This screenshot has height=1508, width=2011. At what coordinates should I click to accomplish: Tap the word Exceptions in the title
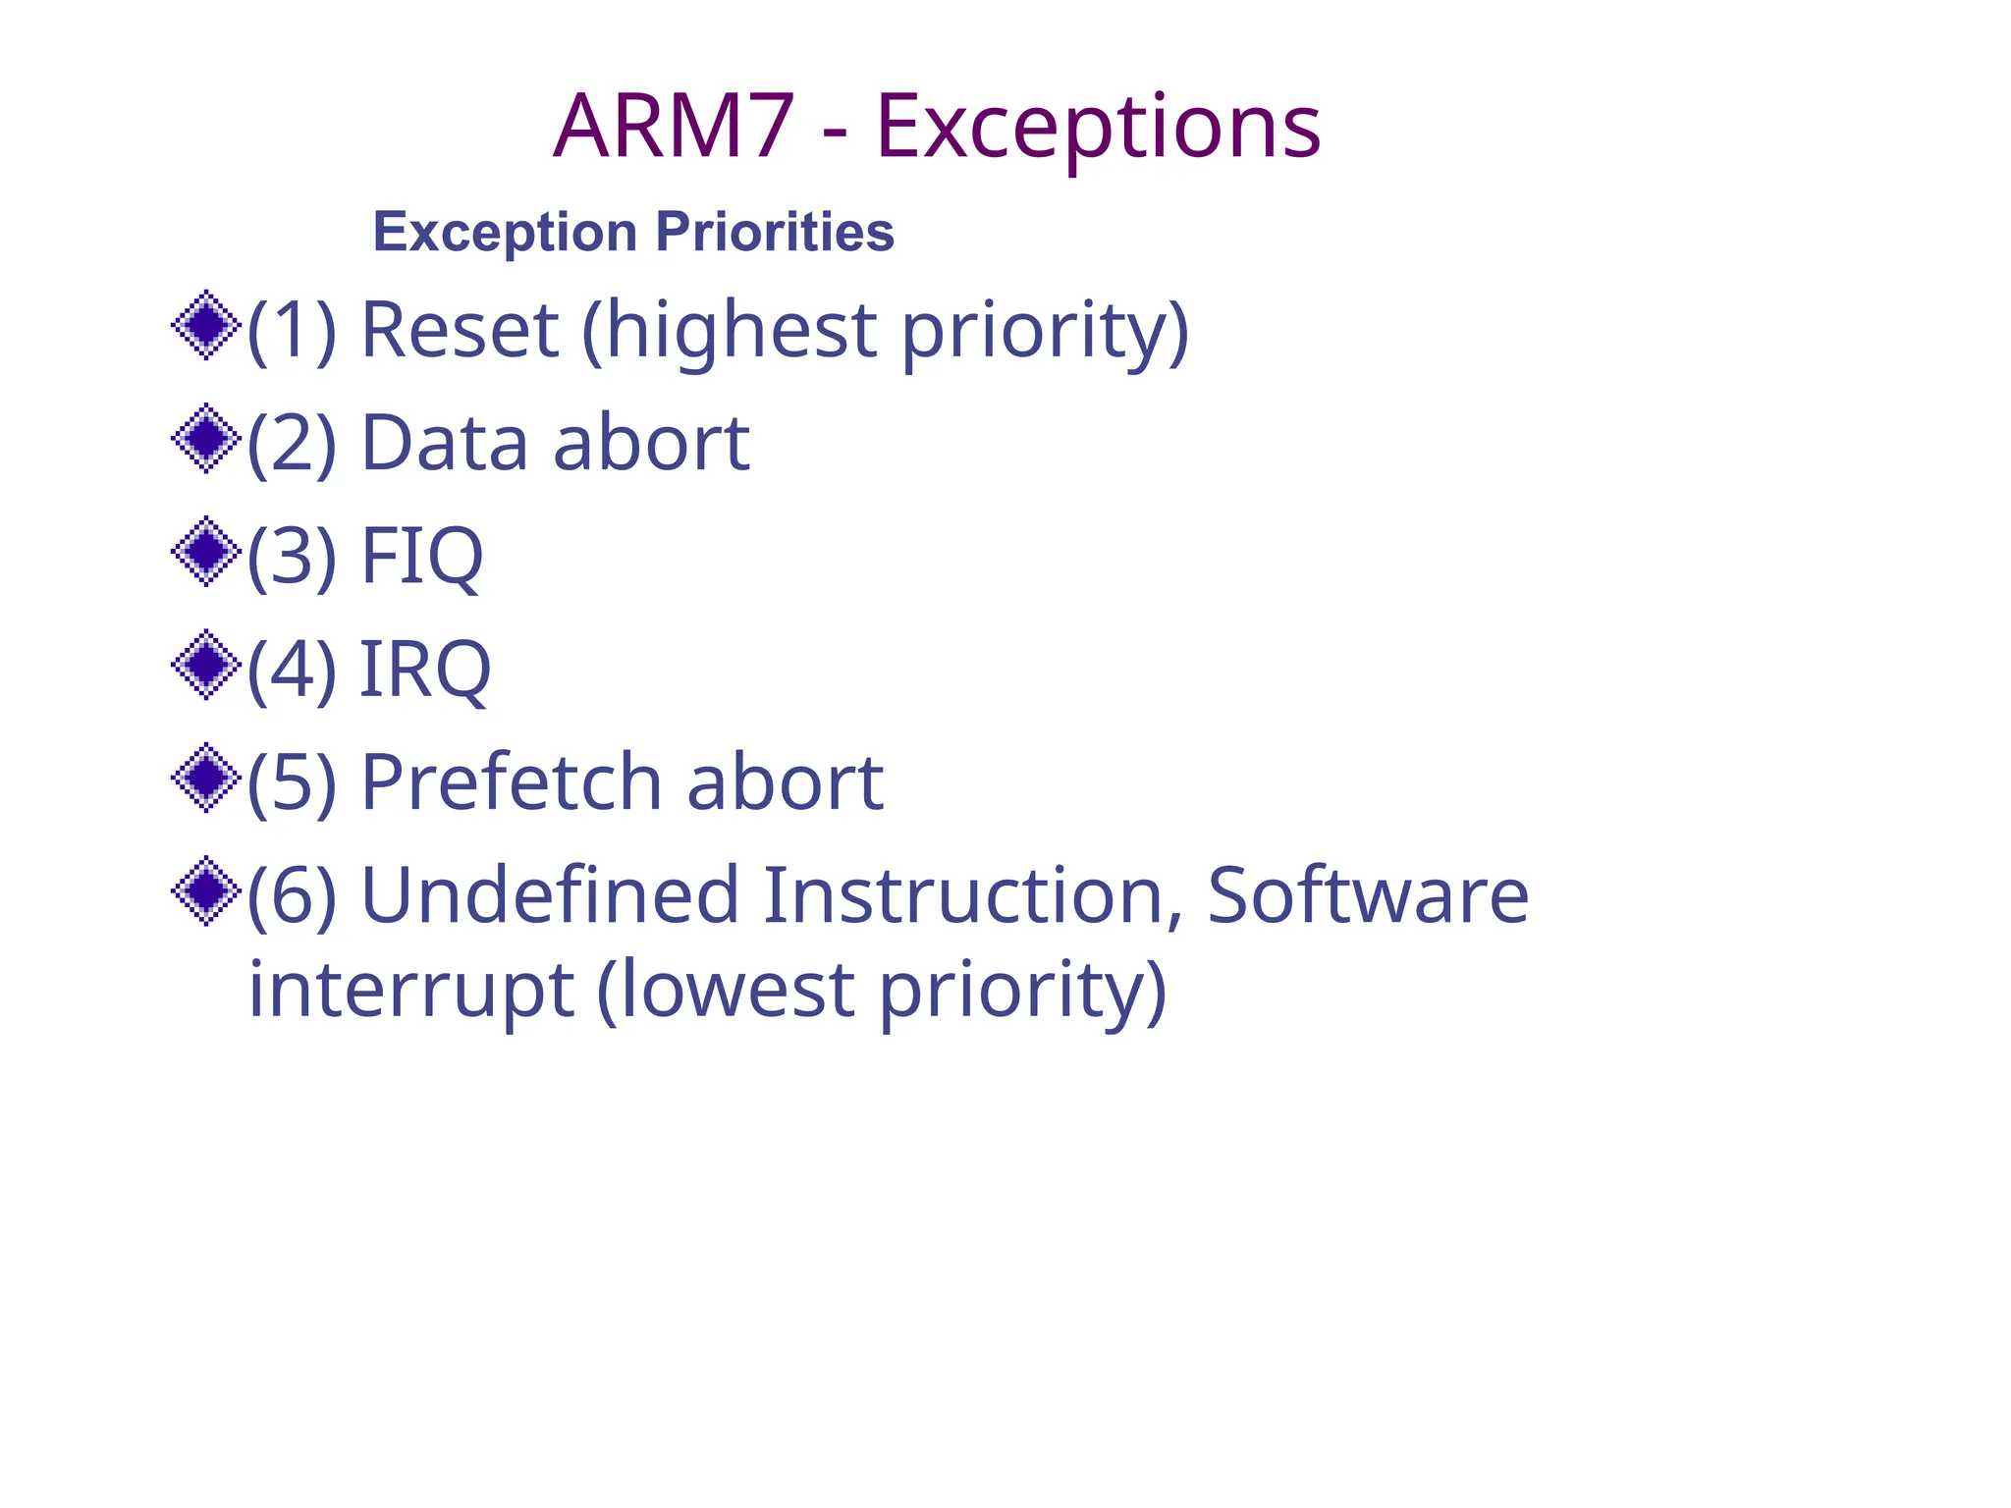(1098, 128)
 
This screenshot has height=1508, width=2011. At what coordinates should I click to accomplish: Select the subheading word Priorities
(775, 232)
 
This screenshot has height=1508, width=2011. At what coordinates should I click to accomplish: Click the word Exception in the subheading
(505, 233)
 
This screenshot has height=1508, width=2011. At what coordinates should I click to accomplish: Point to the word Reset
(460, 329)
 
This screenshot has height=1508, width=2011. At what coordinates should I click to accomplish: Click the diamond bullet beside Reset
(206, 325)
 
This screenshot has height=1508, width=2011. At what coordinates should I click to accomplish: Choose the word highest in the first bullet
(741, 329)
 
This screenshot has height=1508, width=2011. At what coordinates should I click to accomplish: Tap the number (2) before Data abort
(292, 443)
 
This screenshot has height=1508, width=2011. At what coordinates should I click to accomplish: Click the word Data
(446, 443)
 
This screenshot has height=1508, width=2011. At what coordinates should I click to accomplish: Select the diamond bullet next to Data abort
(206, 438)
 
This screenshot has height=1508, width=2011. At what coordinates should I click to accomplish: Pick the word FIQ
(422, 556)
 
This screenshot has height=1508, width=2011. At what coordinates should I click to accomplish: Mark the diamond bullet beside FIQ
(206, 551)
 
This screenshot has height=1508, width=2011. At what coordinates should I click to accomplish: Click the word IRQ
(425, 669)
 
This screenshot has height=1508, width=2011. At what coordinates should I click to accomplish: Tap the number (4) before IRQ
(292, 669)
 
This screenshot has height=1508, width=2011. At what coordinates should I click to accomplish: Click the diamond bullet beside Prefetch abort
(206, 778)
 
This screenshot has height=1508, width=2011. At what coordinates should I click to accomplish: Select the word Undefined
(550, 894)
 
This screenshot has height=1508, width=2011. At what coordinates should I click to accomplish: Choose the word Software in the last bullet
(1368, 894)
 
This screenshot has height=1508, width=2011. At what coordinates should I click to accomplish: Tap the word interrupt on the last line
(410, 989)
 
